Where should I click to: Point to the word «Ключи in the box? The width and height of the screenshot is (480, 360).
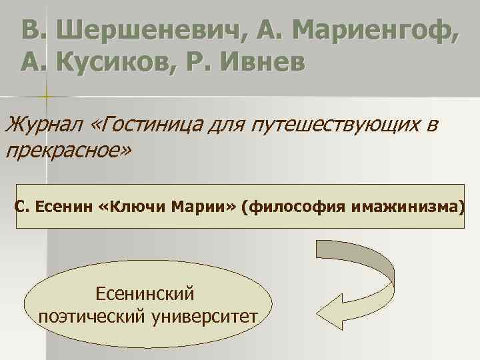pos(131,207)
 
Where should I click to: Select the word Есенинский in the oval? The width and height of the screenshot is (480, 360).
pos(145,293)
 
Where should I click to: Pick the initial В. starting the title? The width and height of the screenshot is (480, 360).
pos(33,29)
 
